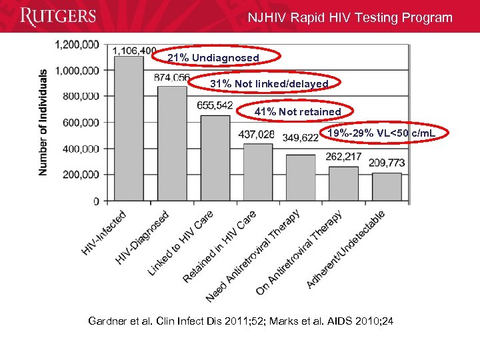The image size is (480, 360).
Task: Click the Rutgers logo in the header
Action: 58,17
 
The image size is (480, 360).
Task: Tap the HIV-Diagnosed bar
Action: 172,143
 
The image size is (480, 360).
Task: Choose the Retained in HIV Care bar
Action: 257,172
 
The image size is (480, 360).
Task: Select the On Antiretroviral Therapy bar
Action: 343,183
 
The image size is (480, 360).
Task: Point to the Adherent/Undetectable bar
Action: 386,187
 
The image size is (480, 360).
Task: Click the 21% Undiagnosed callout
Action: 213,58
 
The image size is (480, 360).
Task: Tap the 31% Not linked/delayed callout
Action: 269,84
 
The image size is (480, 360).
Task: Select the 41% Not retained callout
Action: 297,112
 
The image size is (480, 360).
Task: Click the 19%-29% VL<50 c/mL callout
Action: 381,133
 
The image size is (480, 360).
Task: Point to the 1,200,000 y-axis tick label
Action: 76,44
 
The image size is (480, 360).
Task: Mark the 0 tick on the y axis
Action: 96,201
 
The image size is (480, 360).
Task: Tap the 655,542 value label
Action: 215,105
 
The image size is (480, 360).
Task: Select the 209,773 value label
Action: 387,163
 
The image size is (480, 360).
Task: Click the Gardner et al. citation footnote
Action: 241,321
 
